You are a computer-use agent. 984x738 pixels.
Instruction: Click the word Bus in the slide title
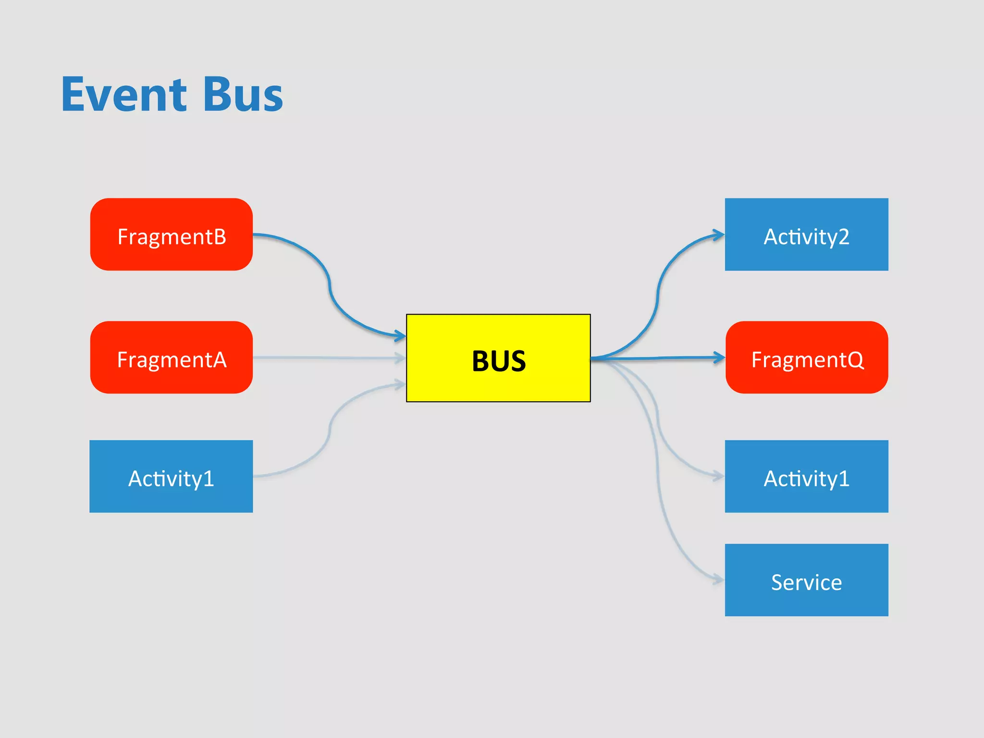[x=243, y=95]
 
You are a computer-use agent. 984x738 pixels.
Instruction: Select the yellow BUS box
[x=498, y=358]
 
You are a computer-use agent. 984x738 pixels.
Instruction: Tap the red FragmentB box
[x=172, y=234]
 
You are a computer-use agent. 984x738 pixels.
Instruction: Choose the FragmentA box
[x=172, y=357]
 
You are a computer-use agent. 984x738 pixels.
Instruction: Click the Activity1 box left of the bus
[x=171, y=477]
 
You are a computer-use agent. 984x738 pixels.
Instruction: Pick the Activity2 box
[x=806, y=234]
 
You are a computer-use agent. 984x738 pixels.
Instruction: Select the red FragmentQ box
[x=807, y=357]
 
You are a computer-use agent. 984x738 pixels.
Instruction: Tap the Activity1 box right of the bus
[x=806, y=477]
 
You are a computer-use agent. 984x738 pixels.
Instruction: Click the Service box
[x=806, y=580]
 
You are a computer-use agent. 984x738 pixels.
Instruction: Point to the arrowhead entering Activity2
[x=719, y=235]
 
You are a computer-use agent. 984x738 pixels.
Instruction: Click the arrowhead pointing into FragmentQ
[x=719, y=357]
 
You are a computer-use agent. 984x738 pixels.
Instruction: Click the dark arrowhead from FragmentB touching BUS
[x=400, y=335]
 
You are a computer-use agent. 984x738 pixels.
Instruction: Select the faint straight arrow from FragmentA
[x=327, y=357]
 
